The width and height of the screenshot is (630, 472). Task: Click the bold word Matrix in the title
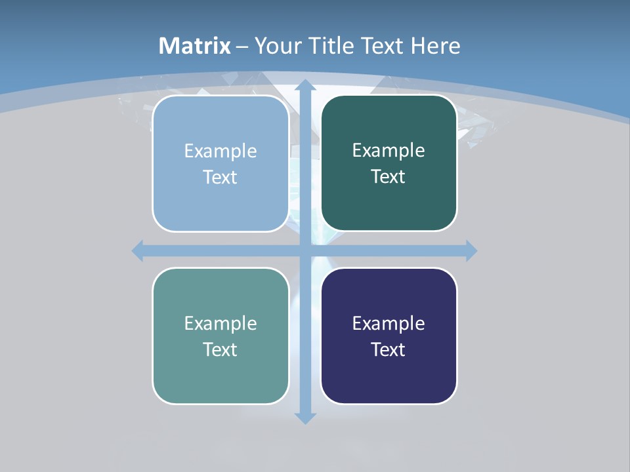click(195, 46)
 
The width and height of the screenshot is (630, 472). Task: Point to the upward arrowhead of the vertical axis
click(305, 85)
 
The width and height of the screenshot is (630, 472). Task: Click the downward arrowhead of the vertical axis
click(305, 418)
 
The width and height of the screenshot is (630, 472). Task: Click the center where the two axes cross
click(305, 250)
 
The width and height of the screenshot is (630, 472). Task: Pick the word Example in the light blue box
click(220, 151)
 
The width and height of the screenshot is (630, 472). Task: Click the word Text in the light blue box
click(220, 177)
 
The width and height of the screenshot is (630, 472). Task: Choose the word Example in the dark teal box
click(388, 150)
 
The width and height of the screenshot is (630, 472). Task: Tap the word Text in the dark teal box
click(388, 176)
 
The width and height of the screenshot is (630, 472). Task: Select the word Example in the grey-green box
click(220, 323)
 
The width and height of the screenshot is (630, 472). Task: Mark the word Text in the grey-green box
click(220, 349)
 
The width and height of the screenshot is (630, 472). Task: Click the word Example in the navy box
click(388, 323)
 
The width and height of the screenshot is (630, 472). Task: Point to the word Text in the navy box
click(388, 349)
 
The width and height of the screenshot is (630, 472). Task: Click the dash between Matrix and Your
click(241, 46)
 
